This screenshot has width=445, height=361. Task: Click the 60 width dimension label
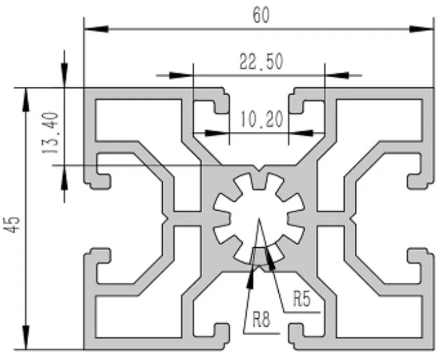[260, 16]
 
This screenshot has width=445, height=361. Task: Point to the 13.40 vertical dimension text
[50, 134]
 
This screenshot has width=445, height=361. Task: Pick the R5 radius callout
[301, 299]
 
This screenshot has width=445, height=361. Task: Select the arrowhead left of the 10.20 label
[217, 133]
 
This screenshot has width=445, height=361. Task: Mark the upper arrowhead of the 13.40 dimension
[63, 77]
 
